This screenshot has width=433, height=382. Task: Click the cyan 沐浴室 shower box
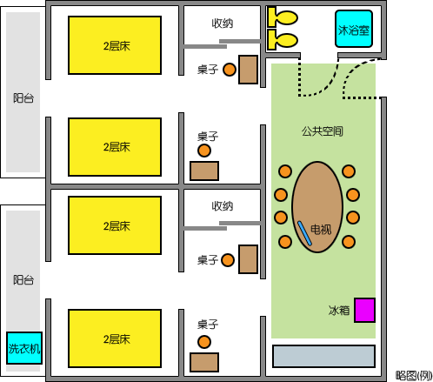(x=354, y=29)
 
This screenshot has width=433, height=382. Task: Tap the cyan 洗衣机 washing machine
(x=24, y=348)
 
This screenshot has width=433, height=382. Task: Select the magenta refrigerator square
(x=365, y=310)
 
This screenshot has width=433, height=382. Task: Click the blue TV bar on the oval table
(x=304, y=233)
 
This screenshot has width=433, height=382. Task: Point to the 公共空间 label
(x=323, y=131)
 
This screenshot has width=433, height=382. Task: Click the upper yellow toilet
(x=283, y=17)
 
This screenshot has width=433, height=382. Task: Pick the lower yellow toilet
(x=283, y=40)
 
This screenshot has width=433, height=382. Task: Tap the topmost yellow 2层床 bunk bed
(x=115, y=45)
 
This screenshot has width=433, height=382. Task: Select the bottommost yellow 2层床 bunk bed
(x=115, y=338)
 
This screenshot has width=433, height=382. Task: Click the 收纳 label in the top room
(x=223, y=23)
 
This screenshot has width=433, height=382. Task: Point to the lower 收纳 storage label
(x=223, y=206)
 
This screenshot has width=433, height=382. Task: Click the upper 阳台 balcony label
(x=23, y=98)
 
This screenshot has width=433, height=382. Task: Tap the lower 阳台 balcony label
(x=23, y=280)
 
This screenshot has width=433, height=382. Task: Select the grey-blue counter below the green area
(x=324, y=356)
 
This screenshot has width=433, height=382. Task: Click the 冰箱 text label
(x=339, y=311)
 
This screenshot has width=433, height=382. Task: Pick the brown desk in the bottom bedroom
(x=204, y=362)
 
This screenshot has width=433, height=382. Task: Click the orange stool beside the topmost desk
(x=230, y=70)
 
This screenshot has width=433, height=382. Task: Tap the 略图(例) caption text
(x=414, y=376)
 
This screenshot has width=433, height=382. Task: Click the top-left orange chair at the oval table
(x=285, y=171)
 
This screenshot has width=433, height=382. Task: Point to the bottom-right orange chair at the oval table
(x=349, y=242)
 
